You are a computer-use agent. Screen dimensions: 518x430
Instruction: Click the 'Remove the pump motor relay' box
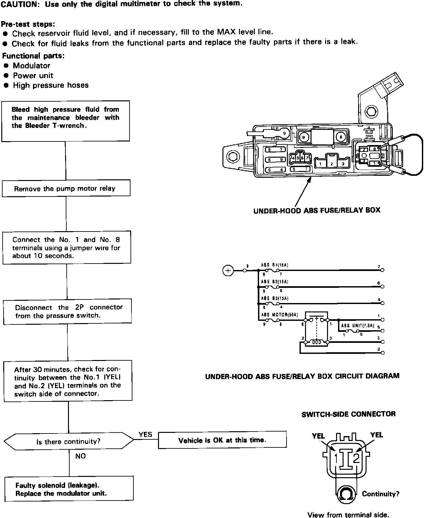point(66,188)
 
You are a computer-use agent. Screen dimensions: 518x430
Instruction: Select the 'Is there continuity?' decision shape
point(68,441)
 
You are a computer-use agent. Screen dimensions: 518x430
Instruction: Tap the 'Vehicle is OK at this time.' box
point(222,440)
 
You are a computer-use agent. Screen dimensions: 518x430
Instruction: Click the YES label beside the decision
point(145,434)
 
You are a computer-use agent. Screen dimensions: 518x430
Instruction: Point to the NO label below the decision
point(80,456)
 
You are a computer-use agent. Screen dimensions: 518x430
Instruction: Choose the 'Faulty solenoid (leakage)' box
point(69,489)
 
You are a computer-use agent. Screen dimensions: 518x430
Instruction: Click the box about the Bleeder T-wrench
point(65,121)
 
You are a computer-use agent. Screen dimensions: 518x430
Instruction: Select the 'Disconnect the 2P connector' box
point(67,311)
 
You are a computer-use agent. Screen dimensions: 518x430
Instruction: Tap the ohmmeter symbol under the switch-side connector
point(346,494)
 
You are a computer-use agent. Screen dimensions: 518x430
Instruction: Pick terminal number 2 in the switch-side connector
point(356,459)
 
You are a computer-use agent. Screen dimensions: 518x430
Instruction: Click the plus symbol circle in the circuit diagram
point(228,270)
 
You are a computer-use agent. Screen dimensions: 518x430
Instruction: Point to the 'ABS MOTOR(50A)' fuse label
point(279,315)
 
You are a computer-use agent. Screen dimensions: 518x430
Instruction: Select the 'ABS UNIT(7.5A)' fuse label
point(357,326)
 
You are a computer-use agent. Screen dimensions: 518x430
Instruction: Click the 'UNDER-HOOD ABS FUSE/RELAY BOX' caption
point(317,210)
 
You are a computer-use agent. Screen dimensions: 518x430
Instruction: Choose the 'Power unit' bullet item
point(33,75)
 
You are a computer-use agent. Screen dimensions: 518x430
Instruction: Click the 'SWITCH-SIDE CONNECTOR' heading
point(348,414)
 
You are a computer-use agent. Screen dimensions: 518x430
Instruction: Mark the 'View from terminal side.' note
point(348,515)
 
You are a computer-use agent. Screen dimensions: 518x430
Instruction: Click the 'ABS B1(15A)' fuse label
point(275,265)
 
